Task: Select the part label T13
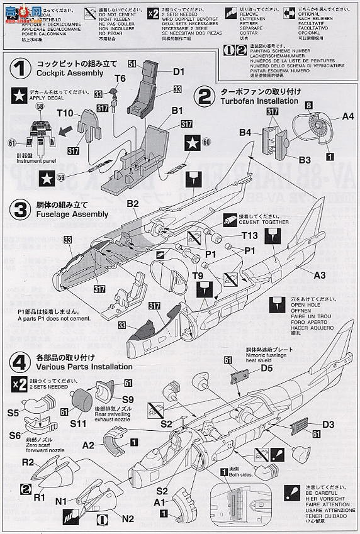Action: [249, 235]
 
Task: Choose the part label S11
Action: [77, 425]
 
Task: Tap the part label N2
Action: [127, 519]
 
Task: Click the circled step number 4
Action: [21, 361]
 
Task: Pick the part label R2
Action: [27, 462]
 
